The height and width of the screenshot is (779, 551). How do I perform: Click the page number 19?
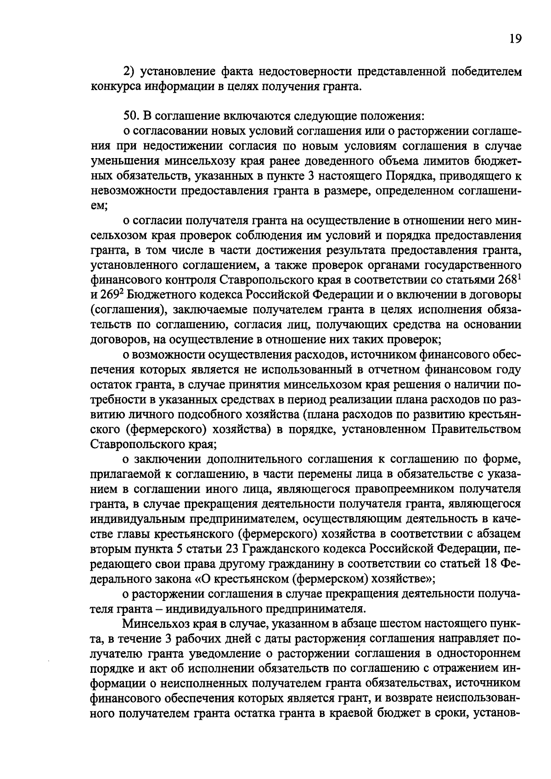point(515,39)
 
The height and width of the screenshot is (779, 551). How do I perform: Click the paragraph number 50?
point(132,116)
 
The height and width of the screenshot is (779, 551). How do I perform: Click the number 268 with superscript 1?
point(508,280)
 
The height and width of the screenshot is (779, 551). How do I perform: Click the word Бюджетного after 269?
point(163,295)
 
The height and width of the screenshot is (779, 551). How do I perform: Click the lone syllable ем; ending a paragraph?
point(99,206)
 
